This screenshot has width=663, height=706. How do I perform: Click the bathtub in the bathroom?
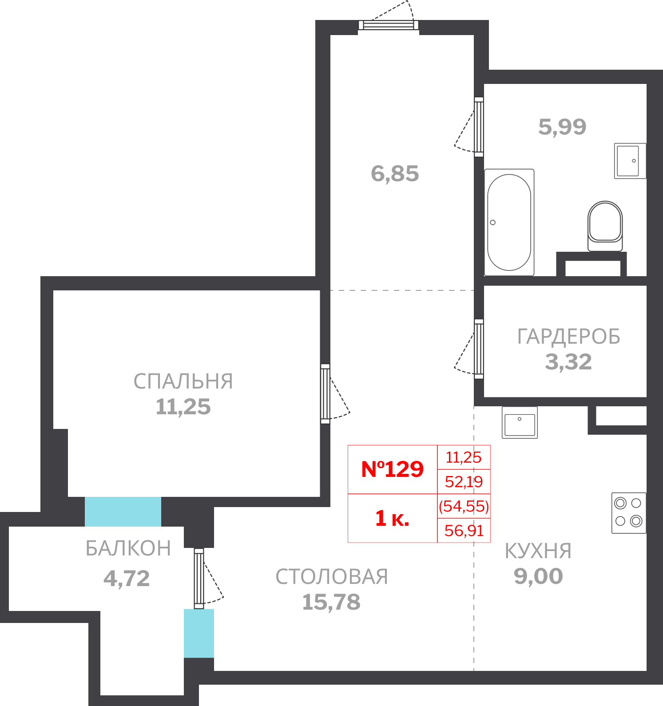click(509, 222)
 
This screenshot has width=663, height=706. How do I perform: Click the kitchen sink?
click(520, 423)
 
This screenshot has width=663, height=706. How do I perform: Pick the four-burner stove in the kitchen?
click(628, 512)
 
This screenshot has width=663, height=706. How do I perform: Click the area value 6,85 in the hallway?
click(395, 174)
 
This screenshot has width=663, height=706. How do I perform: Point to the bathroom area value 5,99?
click(562, 127)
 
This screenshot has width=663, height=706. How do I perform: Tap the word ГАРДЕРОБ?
click(568, 337)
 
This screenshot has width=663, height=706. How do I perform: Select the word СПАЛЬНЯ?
click(183, 381)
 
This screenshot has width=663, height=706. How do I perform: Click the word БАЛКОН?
click(128, 549)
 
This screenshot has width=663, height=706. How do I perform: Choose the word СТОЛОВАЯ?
click(331, 577)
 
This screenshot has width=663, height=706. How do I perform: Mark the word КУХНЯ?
click(538, 551)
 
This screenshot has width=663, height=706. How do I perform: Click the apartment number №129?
click(393, 469)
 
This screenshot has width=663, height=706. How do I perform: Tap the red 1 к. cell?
click(392, 518)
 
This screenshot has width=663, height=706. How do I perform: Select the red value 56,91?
click(464, 531)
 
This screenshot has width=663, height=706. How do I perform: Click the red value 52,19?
click(464, 482)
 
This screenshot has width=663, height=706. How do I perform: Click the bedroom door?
click(326, 393)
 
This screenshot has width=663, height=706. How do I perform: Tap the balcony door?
click(199, 578)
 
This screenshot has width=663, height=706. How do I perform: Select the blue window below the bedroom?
click(123, 512)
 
